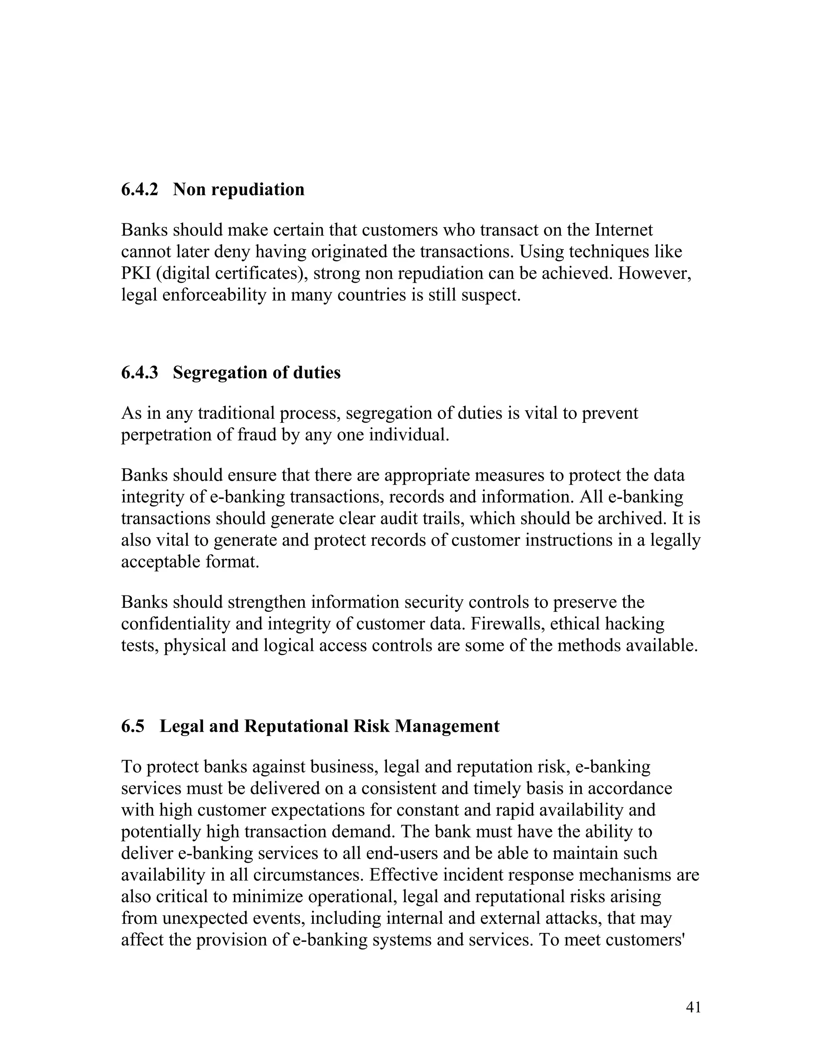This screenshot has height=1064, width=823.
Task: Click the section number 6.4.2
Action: tap(139, 190)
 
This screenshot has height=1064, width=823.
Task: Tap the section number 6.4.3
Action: tap(139, 373)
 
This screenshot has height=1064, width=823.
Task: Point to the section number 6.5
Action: tap(133, 726)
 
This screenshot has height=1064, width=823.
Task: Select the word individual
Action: tap(408, 434)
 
